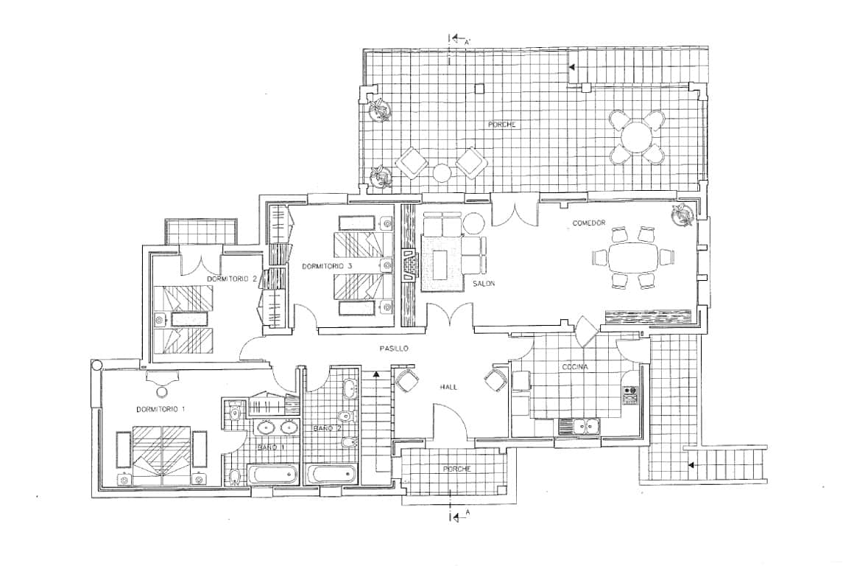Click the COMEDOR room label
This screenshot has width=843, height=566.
tap(589, 223)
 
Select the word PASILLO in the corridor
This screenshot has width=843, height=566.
tap(394, 348)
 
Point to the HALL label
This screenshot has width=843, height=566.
tap(449, 387)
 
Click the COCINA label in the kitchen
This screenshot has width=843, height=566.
tap(576, 366)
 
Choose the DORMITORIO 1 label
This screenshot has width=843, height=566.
tap(161, 408)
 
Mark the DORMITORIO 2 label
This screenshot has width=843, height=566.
tap(231, 279)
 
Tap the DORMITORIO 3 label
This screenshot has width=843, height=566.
tap(327, 265)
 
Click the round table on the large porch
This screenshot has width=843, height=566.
tap(636, 136)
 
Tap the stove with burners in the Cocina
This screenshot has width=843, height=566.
tap(630, 395)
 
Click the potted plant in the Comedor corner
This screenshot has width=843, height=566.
tap(682, 214)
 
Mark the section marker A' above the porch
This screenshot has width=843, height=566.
tap(459, 40)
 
